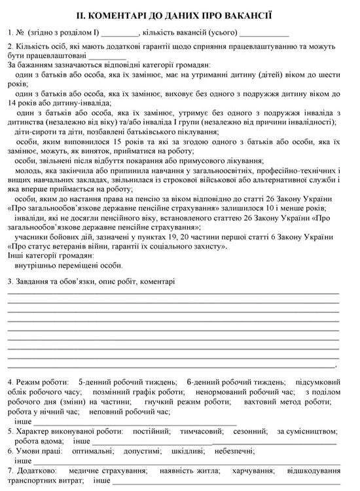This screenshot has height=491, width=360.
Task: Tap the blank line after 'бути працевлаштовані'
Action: point(108,57)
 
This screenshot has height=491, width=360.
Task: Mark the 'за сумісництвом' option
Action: point(304,431)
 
